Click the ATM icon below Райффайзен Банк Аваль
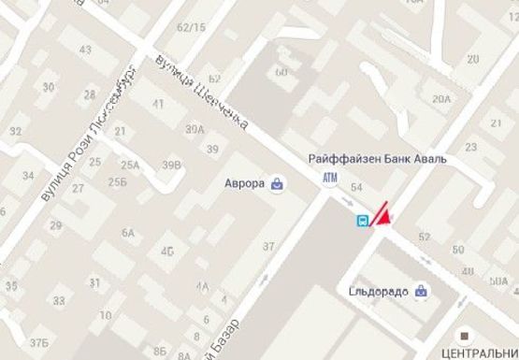pos(329,178)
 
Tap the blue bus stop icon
pos(360,222)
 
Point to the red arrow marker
pos(382,214)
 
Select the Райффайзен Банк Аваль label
pos(378,159)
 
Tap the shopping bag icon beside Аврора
pos(278,183)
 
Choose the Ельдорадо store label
pos(379,291)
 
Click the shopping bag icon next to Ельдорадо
pos(423,291)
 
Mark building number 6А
pos(128,233)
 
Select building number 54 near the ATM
pos(355,188)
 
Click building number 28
pos(90,94)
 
